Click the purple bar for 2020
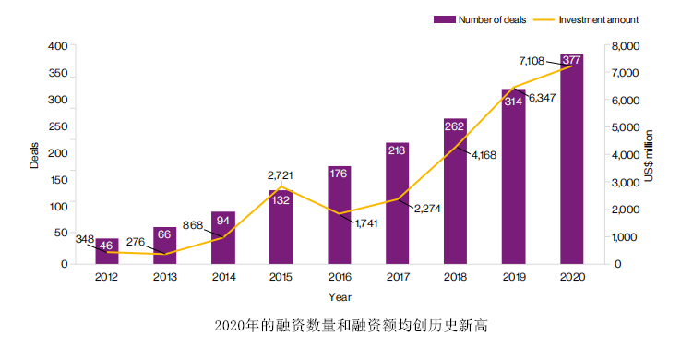(x=572, y=162)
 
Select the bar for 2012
(x=107, y=251)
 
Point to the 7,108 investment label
(x=532, y=60)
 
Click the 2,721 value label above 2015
(x=281, y=174)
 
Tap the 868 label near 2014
(x=194, y=224)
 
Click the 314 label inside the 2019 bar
(x=513, y=102)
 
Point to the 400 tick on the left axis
(x=58, y=46)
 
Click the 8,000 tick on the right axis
(x=620, y=46)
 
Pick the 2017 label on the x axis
(x=397, y=277)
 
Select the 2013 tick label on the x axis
(x=165, y=277)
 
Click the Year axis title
(x=339, y=296)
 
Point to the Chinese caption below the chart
(x=341, y=326)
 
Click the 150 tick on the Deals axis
(x=58, y=182)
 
